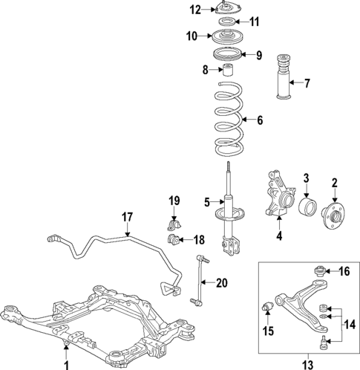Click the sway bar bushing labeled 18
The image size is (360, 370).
[174, 238]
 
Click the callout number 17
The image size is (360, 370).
[127, 218]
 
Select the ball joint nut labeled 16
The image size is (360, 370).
[320, 271]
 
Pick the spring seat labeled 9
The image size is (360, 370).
[229, 55]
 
